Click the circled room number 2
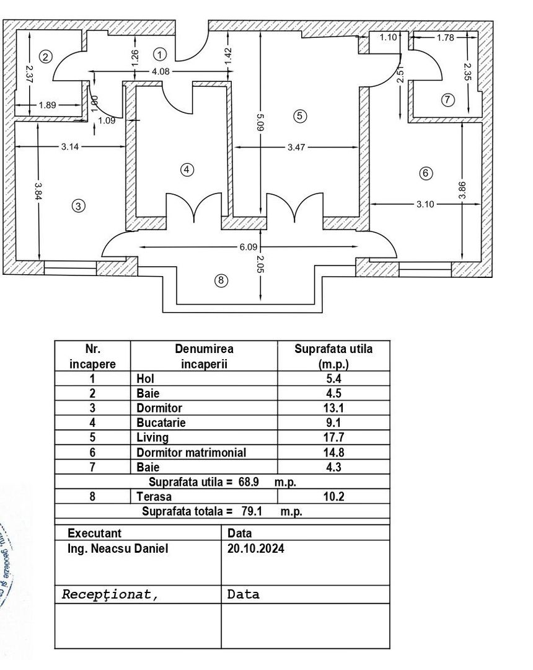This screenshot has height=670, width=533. click(x=45, y=56)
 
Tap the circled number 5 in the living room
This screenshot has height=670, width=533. click(x=299, y=115)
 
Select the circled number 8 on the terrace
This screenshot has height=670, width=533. click(x=221, y=281)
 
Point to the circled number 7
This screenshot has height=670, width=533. click(x=448, y=99)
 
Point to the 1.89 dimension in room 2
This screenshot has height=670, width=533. click(x=47, y=105)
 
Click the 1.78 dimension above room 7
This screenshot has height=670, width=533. click(x=445, y=38)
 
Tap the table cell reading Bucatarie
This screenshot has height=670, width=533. click(x=161, y=423)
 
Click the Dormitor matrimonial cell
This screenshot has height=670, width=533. click(x=191, y=453)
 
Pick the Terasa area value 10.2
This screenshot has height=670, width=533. click(x=333, y=497)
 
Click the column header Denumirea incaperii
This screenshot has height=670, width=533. click(x=204, y=357)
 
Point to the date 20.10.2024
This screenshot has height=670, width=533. click(x=256, y=548)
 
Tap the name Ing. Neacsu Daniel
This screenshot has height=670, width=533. click(x=118, y=548)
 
